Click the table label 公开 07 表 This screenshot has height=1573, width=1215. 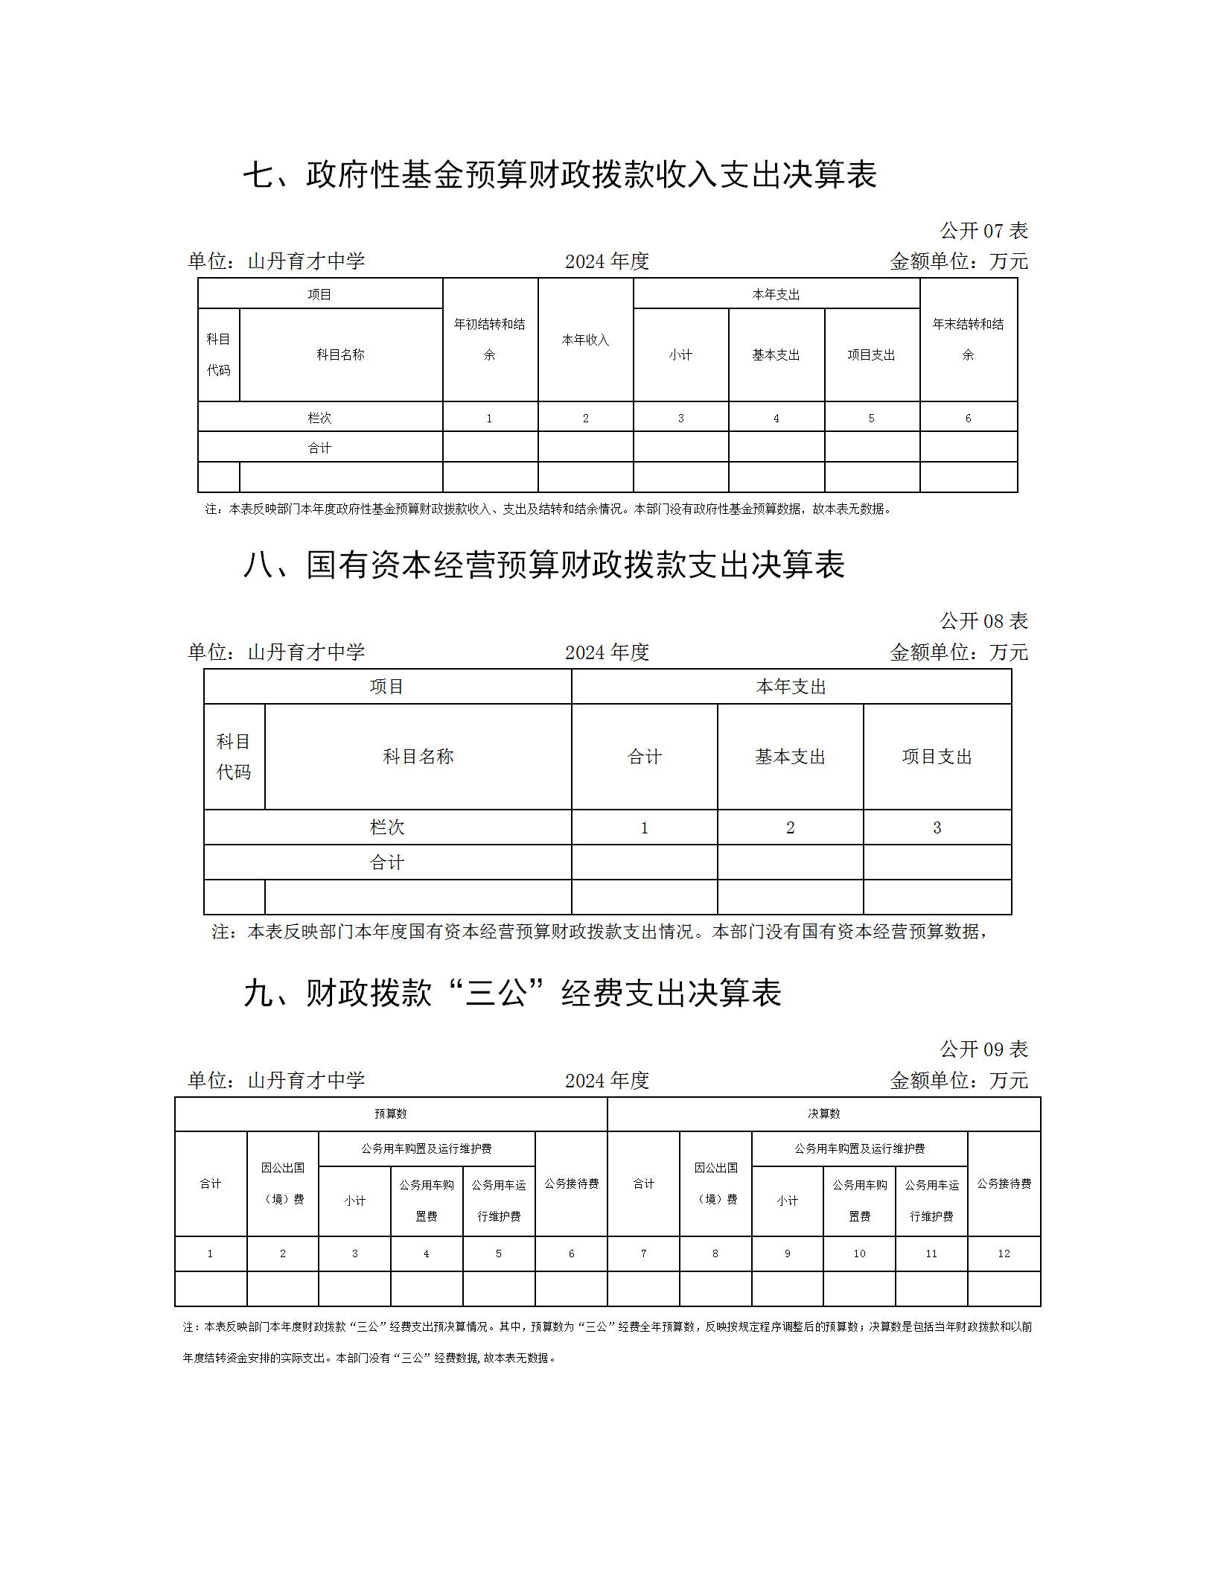983,231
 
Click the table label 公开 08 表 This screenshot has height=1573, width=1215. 983,621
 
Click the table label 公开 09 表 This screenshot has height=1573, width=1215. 983,1049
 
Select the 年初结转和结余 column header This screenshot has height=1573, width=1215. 490,340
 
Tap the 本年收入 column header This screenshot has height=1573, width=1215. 585,340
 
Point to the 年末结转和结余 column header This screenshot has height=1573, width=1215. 968,340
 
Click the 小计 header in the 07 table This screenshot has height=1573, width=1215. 680,355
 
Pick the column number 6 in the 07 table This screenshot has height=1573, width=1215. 968,419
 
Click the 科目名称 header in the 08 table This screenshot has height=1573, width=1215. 418,757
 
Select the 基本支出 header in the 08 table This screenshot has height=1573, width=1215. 790,757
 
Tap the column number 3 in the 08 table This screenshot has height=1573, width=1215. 937,827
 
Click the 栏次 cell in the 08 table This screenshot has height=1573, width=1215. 387,827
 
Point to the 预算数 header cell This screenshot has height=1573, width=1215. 391,1113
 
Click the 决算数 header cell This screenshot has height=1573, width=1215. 823,1113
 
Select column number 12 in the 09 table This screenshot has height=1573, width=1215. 1004,1253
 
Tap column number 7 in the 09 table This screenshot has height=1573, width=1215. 643,1253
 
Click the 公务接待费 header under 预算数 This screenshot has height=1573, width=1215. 571,1183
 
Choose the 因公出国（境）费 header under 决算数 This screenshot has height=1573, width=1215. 715,1183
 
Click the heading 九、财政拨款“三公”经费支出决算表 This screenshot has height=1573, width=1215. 512,994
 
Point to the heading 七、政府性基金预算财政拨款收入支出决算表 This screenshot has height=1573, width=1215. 560,175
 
